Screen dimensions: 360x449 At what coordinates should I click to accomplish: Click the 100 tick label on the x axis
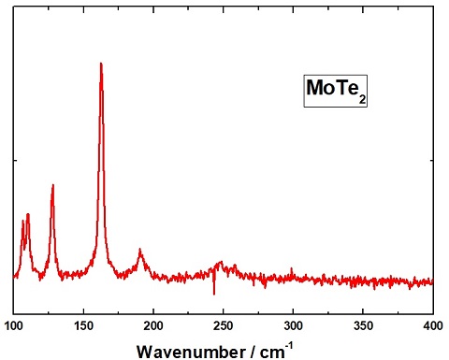[13, 324]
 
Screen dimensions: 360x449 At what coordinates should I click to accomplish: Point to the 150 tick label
[83, 324]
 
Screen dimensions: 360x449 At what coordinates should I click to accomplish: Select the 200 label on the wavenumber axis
[153, 324]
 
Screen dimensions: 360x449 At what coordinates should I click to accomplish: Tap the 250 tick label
[224, 324]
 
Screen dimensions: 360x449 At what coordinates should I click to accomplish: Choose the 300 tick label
[293, 324]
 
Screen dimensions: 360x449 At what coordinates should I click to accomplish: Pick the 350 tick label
[363, 324]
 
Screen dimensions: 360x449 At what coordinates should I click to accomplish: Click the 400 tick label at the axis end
[432, 324]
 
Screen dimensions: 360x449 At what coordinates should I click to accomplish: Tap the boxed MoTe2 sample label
[333, 92]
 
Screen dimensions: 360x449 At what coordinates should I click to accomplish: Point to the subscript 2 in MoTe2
[356, 97]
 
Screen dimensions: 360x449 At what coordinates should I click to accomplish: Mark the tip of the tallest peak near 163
[101, 64]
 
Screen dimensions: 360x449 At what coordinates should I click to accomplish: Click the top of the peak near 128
[52, 185]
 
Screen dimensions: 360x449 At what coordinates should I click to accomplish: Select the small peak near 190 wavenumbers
[140, 250]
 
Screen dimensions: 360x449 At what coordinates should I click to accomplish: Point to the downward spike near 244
[214, 294]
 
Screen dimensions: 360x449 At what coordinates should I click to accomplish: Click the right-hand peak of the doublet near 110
[28, 214]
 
